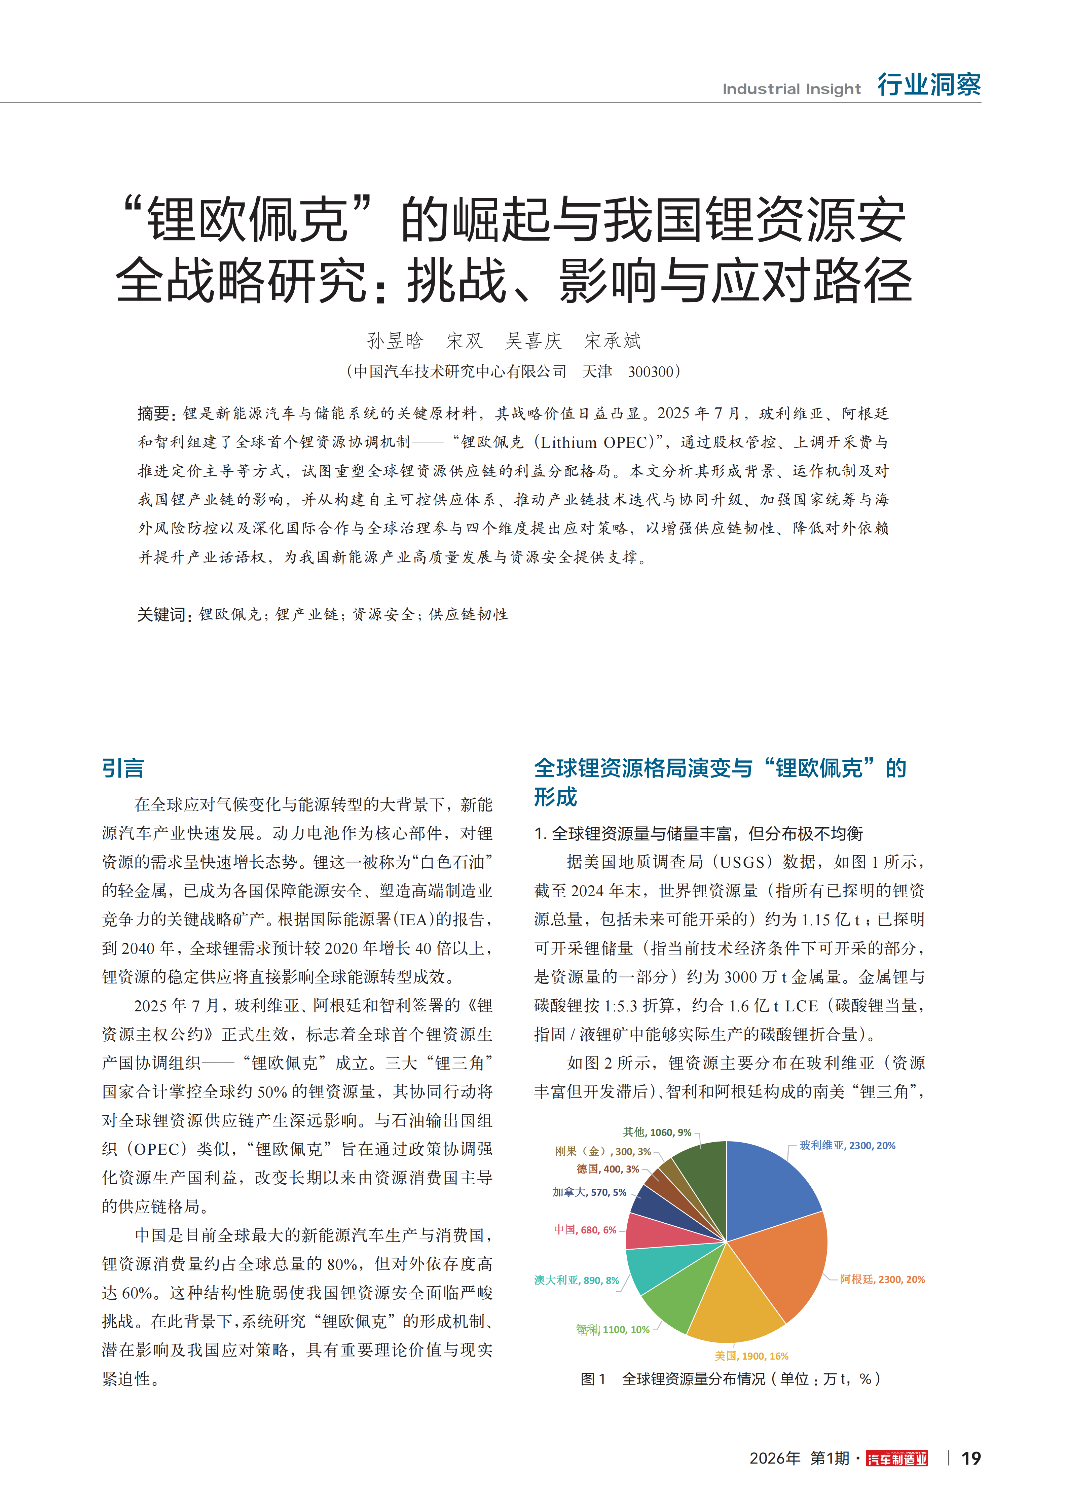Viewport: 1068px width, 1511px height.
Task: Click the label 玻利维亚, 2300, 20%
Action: tap(848, 1145)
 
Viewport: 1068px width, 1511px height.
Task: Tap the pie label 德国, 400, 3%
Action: tap(607, 1169)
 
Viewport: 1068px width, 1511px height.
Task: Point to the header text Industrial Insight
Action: tap(791, 89)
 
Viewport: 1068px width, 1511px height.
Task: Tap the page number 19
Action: tap(970, 1459)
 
